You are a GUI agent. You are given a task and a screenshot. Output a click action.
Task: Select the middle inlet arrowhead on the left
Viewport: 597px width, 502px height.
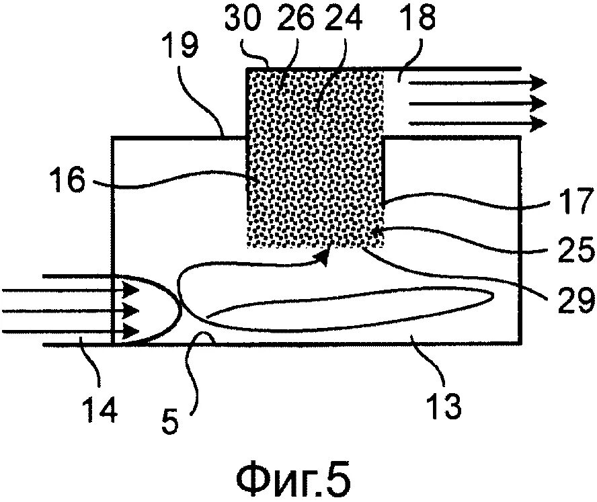coord(131,310)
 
